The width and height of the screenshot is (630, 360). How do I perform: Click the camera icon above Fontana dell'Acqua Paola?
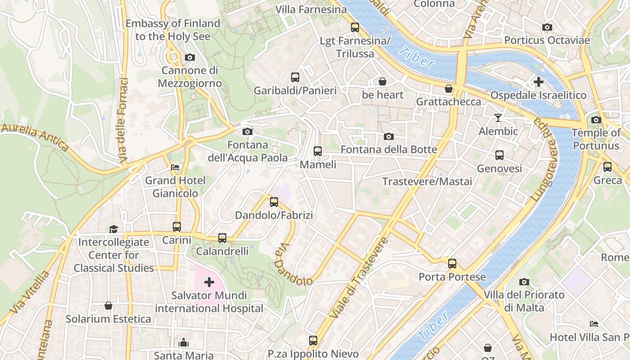247,132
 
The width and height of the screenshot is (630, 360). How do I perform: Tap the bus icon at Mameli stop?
318,151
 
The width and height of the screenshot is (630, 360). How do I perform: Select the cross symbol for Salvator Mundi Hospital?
209,282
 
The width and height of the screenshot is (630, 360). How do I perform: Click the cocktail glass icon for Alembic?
498,118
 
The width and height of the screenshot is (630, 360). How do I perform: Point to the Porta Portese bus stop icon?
452,264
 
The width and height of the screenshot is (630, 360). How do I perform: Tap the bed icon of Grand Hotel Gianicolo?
175,167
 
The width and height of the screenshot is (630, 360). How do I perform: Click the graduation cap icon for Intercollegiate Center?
113,229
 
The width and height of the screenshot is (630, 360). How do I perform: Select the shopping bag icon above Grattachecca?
448,89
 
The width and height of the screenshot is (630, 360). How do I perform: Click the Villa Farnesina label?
311,9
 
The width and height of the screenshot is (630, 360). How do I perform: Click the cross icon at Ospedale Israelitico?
538,82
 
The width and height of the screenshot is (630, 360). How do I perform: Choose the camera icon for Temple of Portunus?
596,120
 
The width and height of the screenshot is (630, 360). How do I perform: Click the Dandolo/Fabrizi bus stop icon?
274,202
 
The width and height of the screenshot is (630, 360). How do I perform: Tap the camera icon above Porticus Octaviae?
547,27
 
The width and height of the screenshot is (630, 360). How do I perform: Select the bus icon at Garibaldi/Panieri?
295,77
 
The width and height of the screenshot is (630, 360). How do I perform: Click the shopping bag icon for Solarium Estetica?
108,306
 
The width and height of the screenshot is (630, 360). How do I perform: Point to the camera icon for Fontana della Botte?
388,136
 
